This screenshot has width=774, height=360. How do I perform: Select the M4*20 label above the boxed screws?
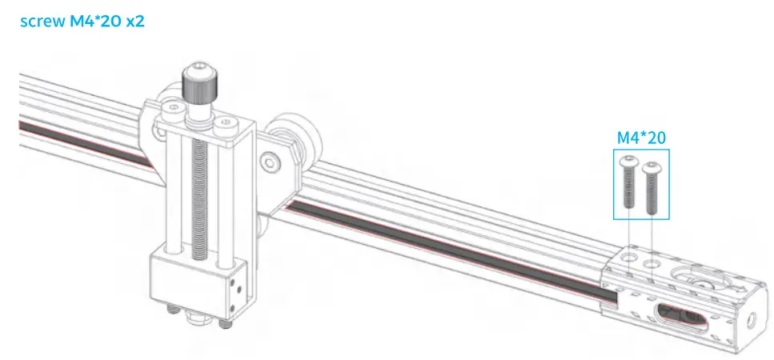tap(640, 138)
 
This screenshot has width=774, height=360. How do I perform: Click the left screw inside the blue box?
tap(628, 183)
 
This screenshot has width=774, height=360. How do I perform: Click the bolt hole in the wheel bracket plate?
tap(273, 163)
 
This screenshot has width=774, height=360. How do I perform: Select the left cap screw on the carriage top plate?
tap(170, 106)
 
